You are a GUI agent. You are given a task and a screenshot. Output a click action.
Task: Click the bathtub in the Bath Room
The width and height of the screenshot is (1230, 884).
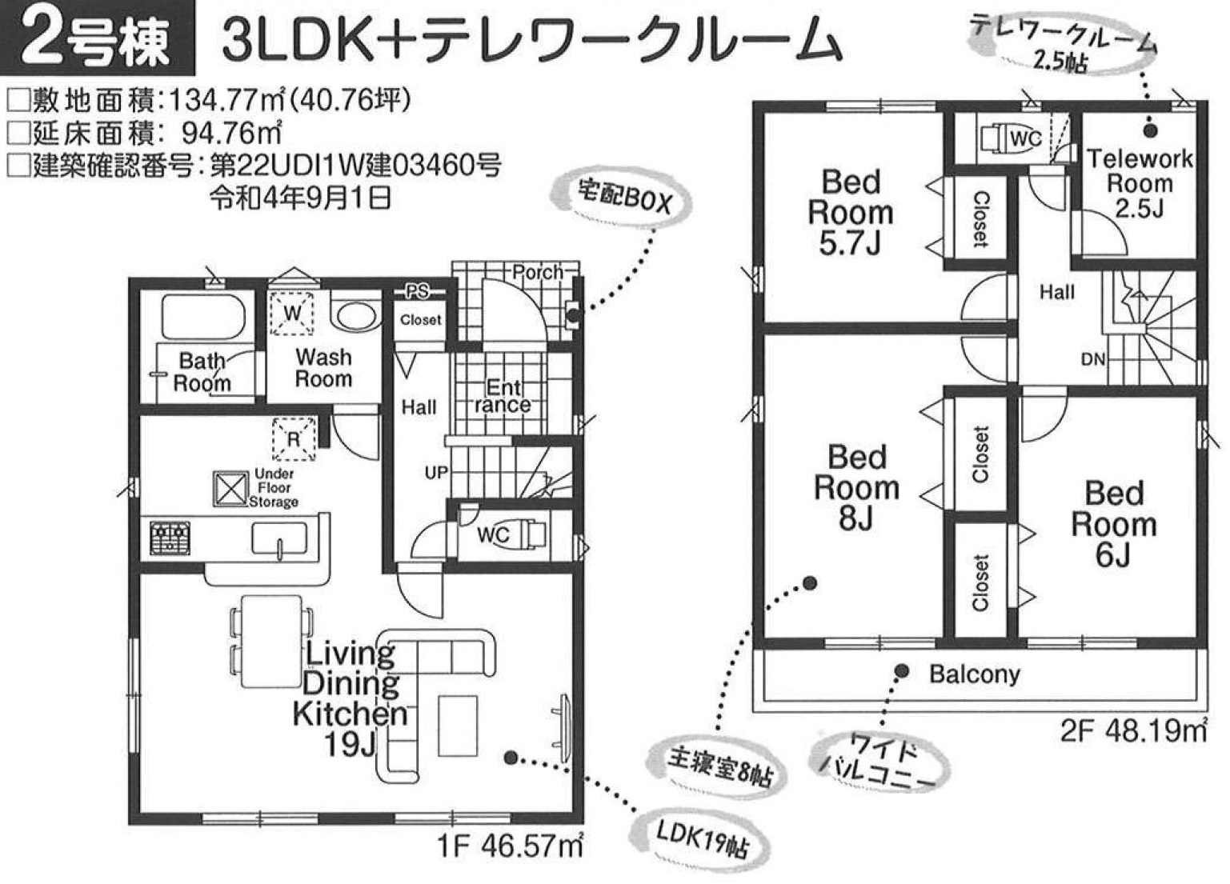202,318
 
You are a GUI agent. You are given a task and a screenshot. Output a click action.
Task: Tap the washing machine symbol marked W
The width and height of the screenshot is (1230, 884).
292,313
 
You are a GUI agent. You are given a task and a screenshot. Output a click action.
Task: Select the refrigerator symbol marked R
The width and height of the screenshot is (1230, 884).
294,438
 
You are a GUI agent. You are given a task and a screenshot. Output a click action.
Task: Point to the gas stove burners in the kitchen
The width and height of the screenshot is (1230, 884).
170,538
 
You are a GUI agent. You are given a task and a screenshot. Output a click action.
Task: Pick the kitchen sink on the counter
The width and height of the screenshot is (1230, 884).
279,538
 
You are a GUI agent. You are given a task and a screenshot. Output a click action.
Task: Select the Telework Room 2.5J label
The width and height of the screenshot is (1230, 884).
1140,183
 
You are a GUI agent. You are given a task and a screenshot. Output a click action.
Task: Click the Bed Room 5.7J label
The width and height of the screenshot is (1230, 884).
851,212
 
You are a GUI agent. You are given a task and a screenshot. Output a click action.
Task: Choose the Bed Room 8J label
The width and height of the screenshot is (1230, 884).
856,487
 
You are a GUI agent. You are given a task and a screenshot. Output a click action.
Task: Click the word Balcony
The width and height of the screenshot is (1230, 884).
975,674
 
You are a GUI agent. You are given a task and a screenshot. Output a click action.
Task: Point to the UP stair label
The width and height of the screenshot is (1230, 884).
436,472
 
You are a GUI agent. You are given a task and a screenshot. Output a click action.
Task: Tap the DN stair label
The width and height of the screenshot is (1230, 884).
1092,360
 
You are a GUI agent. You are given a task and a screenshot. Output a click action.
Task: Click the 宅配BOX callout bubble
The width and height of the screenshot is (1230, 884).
621,200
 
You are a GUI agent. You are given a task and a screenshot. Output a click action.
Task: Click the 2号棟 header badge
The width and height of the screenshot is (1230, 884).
97,38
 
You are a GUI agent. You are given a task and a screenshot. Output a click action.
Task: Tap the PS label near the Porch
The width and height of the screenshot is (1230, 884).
417,291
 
